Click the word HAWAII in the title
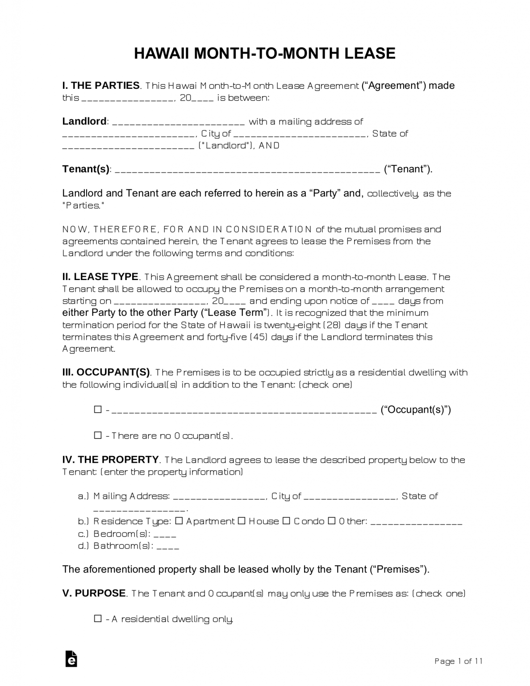point(162,54)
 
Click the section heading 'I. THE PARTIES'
point(101,86)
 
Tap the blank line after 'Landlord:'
point(178,122)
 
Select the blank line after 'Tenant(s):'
point(248,169)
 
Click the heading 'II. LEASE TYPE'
point(100,277)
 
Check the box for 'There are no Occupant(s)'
point(98,435)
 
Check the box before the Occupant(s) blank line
point(98,410)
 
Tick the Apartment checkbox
point(179,521)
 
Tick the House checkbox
point(242,521)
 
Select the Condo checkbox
point(287,521)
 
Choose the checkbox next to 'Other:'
point(332,521)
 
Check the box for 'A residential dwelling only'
point(98,619)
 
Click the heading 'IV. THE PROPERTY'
point(110,460)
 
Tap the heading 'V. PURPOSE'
point(94,594)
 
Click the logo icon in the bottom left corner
point(71,659)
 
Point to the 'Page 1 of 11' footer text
point(458,661)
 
